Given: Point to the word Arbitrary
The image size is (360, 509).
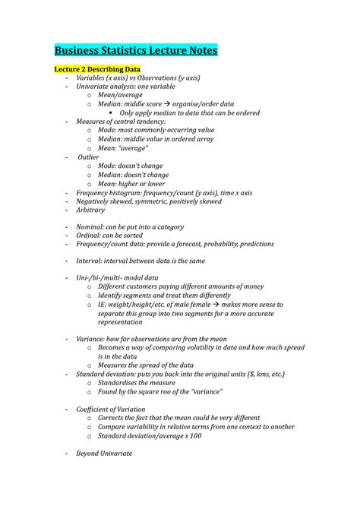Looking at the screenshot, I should [90, 210].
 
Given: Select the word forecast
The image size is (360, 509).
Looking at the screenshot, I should [189, 244].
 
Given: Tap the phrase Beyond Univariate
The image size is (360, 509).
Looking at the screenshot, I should [104, 454].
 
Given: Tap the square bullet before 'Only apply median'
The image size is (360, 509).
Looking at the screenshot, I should [111, 112].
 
